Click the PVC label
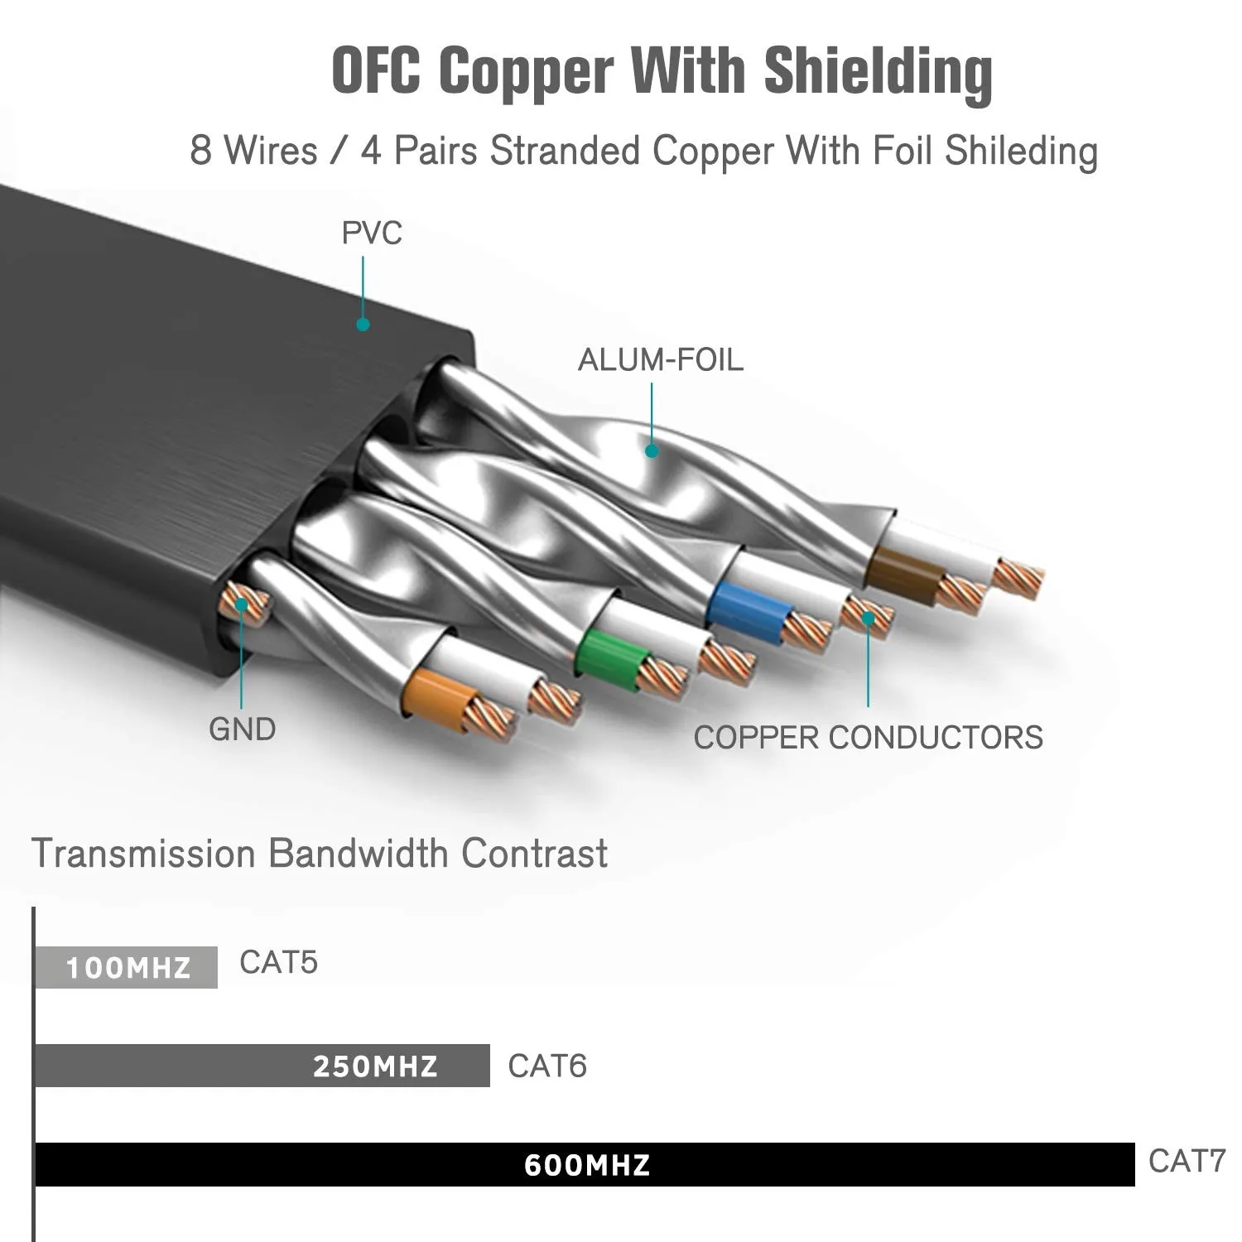tap(372, 233)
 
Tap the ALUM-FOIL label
tap(660, 360)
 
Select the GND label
tap(242, 729)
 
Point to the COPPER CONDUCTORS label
tap(868, 738)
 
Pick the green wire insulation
tap(611, 658)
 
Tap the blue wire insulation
tap(748, 611)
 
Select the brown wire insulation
tap(903, 575)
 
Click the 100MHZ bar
tap(127, 967)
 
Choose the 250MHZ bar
tap(262, 1066)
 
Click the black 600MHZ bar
tap(585, 1164)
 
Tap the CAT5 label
tap(278, 962)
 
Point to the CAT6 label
tap(546, 1066)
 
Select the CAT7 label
tap(1186, 1161)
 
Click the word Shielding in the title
tap(878, 73)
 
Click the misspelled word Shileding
tap(1021, 152)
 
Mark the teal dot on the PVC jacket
tap(363, 325)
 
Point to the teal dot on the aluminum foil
tap(652, 451)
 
